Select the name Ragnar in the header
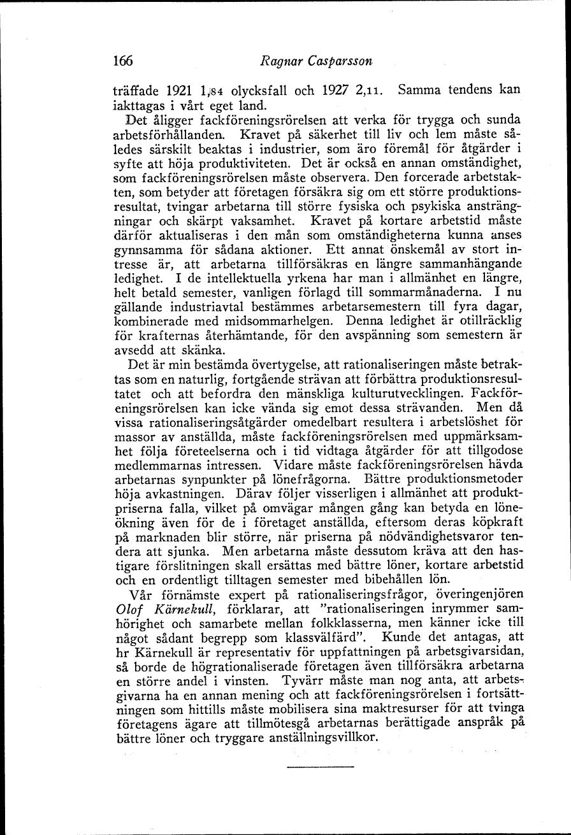point(282,62)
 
